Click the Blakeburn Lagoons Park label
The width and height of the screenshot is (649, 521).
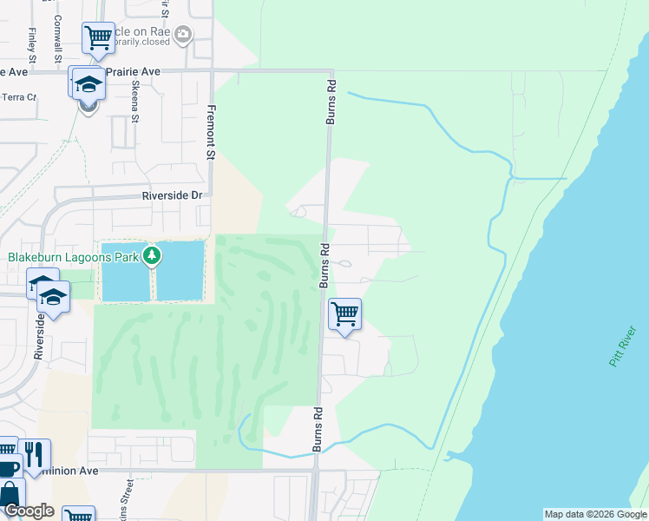click(74, 257)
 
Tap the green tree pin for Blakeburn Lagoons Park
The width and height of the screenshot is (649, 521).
click(153, 255)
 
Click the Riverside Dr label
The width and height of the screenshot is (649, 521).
click(172, 196)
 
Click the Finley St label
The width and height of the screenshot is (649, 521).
click(30, 39)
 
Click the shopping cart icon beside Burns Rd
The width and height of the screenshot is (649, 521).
click(345, 313)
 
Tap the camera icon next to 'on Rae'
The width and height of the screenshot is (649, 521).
click(182, 35)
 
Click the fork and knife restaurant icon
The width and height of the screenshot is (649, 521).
click(35, 453)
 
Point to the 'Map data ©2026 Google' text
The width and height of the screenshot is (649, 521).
click(594, 514)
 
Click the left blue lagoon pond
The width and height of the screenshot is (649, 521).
click(125, 270)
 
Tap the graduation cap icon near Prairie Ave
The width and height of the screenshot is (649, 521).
click(88, 83)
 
